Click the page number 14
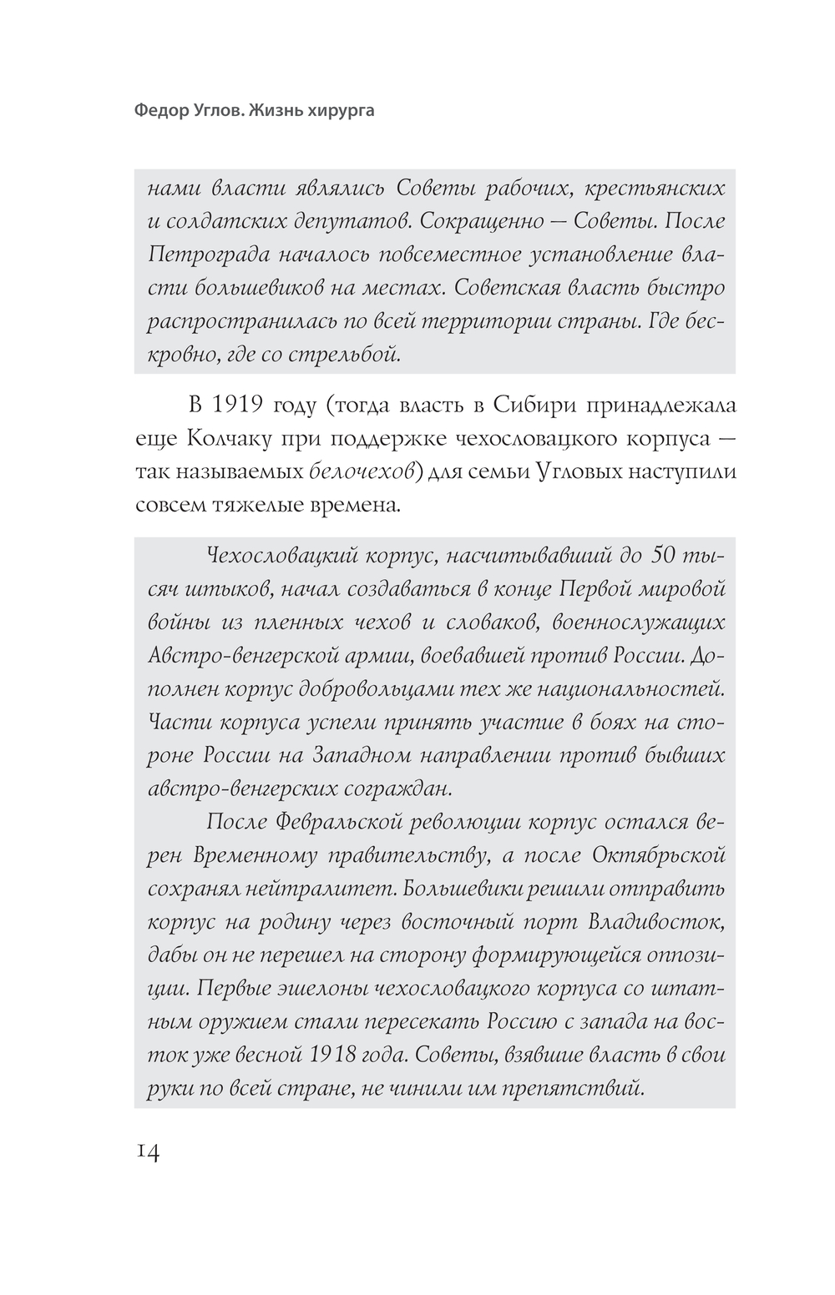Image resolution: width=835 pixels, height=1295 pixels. (147, 1151)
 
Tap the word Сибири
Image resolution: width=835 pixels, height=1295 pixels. (521, 406)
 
